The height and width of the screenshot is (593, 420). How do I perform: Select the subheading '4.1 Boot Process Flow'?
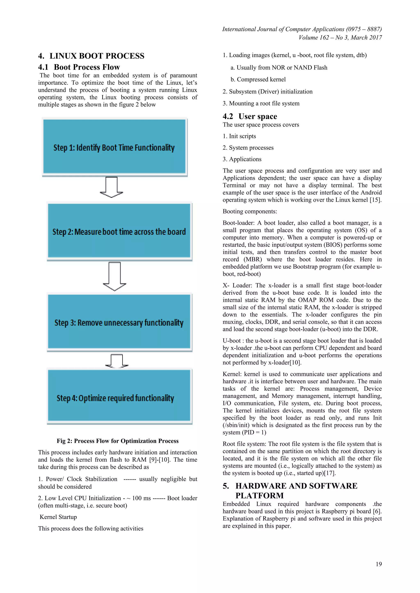pos(79,67)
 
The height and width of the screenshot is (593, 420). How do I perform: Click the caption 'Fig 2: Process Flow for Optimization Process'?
pos(118,441)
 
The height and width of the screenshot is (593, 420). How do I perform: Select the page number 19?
pos(379,564)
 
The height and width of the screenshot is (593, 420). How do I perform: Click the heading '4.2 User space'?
pos(250,117)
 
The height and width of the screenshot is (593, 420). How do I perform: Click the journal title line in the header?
pos(302,29)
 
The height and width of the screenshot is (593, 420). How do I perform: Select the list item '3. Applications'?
pos(242,159)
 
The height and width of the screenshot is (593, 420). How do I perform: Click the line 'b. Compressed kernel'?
pos(258,79)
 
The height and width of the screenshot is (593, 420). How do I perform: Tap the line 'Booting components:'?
pos(250,212)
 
